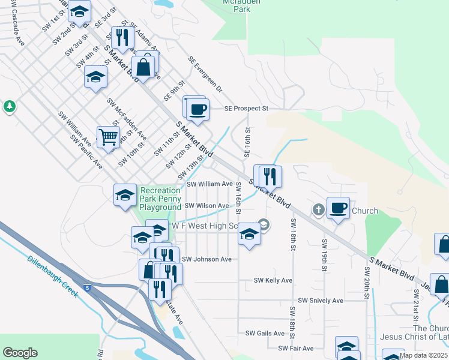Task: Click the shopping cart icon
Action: tap(108, 136)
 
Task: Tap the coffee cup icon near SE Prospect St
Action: tap(197, 109)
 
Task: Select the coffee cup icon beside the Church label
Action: tap(339, 208)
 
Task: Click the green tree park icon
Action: tap(9, 107)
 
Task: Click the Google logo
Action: tap(20, 353)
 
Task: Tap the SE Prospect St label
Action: tap(246, 109)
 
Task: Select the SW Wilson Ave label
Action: tap(206, 206)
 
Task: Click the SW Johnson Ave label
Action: tap(206, 259)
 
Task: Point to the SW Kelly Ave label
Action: tap(273, 280)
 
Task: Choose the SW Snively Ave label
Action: tap(321, 300)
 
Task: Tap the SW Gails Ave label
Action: tap(265, 333)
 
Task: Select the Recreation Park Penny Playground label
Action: tap(161, 199)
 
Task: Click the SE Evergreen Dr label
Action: tap(205, 74)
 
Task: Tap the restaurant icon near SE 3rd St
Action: tap(122, 37)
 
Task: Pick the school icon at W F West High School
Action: tap(249, 233)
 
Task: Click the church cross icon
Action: tap(318, 210)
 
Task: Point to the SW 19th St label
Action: tap(324, 254)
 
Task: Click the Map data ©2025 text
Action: tap(423, 355)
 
